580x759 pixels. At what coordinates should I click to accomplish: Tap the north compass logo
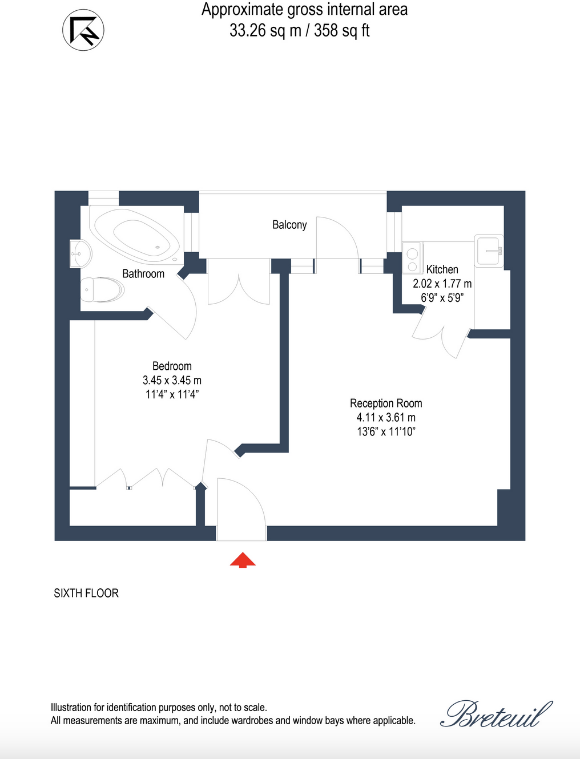point(83,30)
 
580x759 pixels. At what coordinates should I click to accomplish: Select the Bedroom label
point(172,366)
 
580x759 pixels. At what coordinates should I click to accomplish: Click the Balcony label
point(289,225)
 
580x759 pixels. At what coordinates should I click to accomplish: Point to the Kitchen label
point(442,269)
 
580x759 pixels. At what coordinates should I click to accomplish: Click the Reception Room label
point(386,403)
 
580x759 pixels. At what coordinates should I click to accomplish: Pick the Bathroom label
point(143,274)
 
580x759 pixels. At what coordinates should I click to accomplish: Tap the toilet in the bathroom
point(102,290)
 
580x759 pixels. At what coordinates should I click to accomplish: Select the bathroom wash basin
point(80,253)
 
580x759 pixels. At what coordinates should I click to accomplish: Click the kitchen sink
point(490,251)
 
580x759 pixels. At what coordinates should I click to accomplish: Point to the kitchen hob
point(412,259)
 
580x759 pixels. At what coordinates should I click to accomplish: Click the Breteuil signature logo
point(496,714)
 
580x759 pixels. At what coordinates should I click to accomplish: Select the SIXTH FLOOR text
point(86,594)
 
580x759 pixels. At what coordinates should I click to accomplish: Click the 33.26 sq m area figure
point(265,30)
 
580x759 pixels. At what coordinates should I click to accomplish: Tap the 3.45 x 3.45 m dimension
point(172,381)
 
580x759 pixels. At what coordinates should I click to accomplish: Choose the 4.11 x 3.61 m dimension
point(386,418)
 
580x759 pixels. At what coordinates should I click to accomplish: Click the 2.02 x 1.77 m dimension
point(442,284)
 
